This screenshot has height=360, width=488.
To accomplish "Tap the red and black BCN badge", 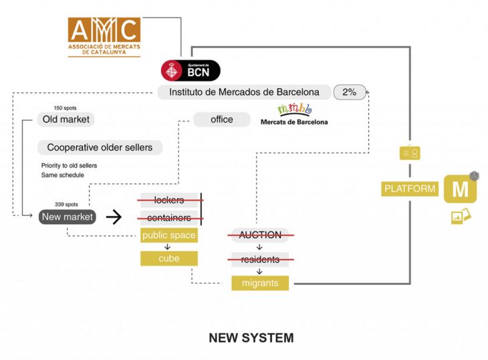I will tap(190, 70).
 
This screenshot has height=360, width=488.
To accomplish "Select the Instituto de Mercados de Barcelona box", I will tap(244, 92).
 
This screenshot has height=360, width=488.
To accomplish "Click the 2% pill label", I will tap(349, 92).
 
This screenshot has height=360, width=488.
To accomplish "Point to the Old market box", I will tap(65, 120).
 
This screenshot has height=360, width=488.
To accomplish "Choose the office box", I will tap(221, 120).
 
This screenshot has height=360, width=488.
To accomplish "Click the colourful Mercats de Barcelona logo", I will tap(294, 114).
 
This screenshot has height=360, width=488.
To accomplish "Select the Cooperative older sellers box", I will tap(99, 147).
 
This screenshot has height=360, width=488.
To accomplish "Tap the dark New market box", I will tap(67, 217).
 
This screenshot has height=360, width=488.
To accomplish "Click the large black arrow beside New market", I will tap(114, 217).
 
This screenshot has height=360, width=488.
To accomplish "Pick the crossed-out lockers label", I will tap(168, 200).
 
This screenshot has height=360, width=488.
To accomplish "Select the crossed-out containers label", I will tap(168, 218).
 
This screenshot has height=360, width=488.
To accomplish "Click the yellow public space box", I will tap(168, 236).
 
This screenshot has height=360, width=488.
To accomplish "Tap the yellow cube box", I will tap(168, 258).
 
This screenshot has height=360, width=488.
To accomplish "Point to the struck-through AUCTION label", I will tap(261, 235).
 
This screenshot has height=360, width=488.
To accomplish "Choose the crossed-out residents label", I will tap(261, 258).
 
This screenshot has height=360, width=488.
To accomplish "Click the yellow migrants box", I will tap(260, 283).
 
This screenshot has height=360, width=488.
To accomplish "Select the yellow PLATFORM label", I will tap(410, 189).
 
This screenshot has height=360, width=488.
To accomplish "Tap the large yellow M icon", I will tap(460, 189).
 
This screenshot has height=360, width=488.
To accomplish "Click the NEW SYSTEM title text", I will tap(251, 338).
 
